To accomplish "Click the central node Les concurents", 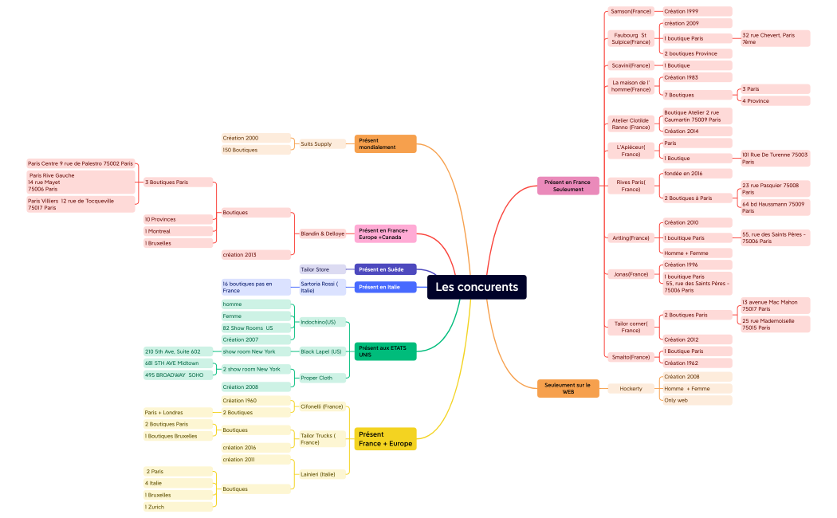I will coord(477,287).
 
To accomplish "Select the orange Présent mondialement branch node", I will coord(386,143).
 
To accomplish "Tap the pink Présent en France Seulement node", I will coord(568,186).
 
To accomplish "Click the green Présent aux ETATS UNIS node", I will coord(386,351).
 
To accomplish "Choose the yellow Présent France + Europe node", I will coord(386,439).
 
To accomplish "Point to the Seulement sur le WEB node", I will coord(568,388).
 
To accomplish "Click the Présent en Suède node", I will coord(386,269).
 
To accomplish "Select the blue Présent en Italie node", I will coord(386,287).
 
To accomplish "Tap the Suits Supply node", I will coord(316,144).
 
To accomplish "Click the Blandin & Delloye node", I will coord(323,233).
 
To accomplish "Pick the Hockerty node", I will coord(631,389).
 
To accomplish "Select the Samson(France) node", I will coord(631,12).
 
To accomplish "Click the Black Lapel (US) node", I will coord(321,351).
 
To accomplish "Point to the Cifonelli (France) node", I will coord(322,406).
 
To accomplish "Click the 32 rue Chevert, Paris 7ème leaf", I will coord(775,38).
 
